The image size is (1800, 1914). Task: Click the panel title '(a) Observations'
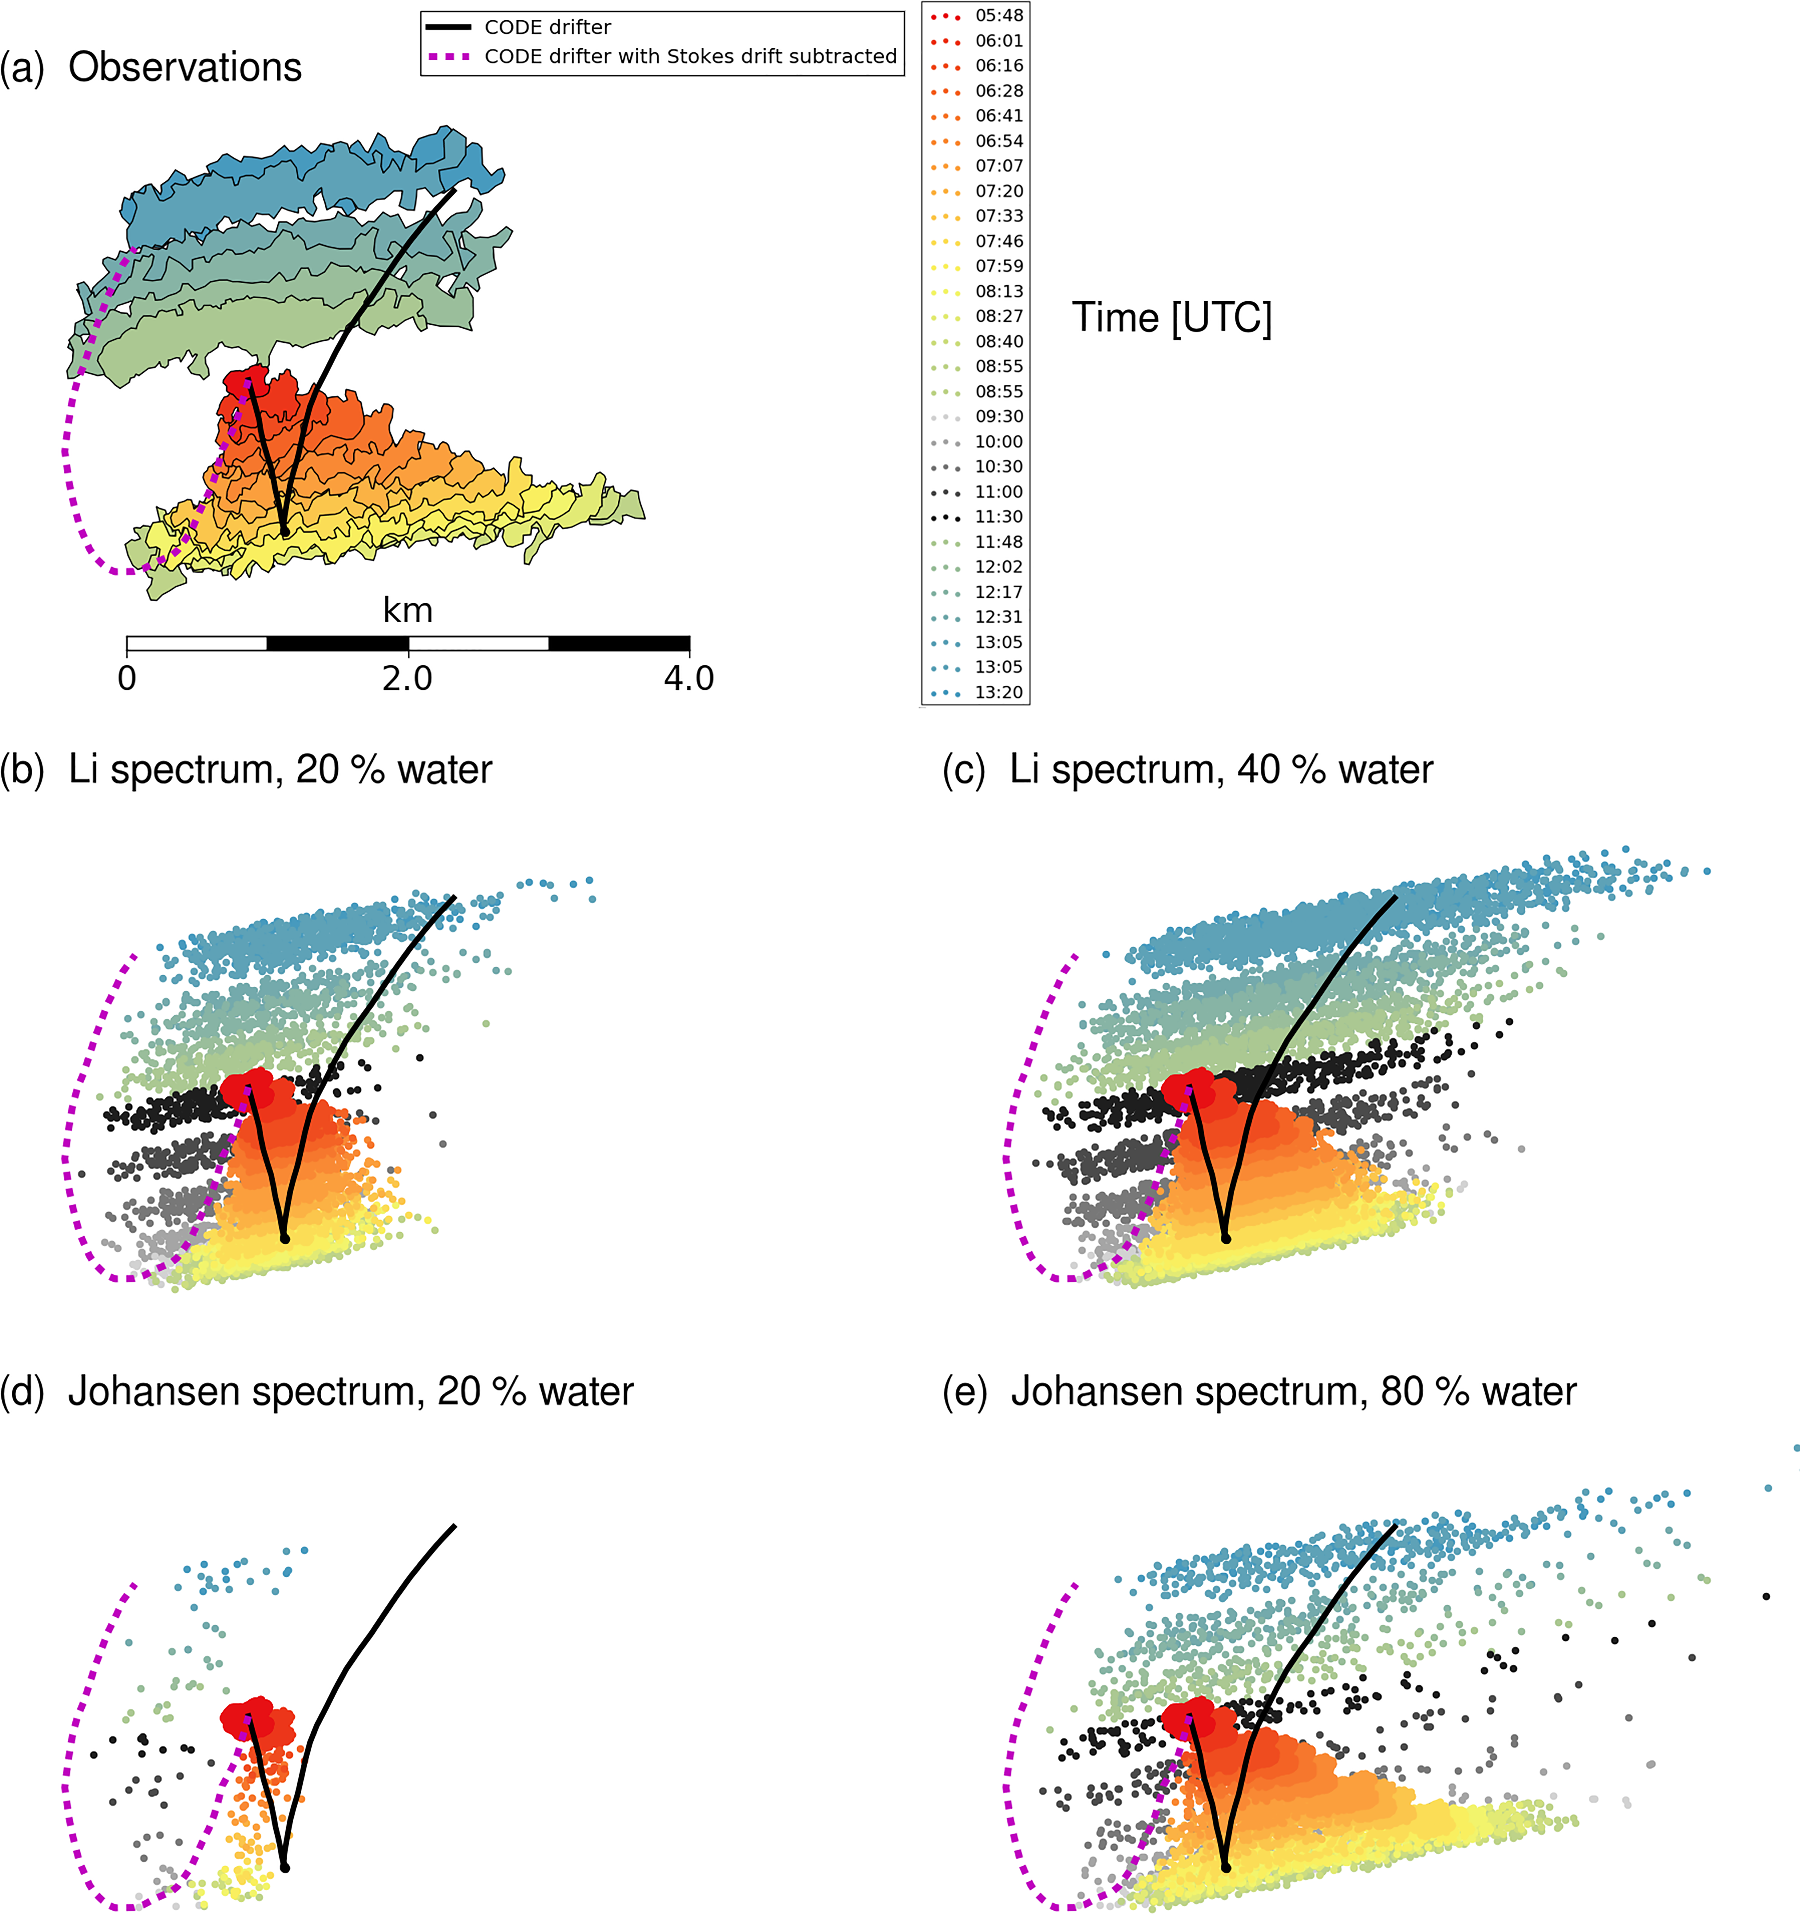click(151, 68)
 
